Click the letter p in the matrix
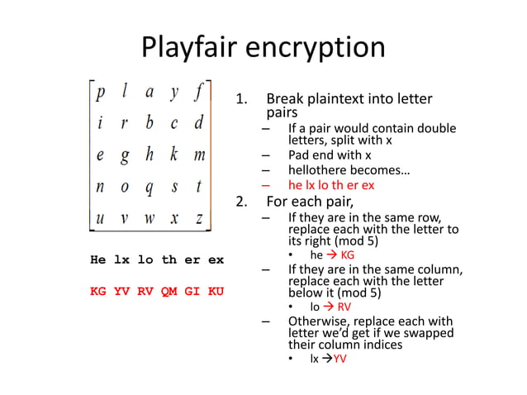click(x=101, y=93)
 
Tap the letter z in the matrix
click(x=199, y=218)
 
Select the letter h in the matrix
click(x=150, y=155)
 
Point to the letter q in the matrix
click(x=150, y=188)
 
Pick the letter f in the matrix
click(x=198, y=92)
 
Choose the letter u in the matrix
click(x=101, y=218)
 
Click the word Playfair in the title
click(x=190, y=47)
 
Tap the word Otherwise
click(x=318, y=321)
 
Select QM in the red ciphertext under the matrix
click(x=169, y=291)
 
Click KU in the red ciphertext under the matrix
click(x=216, y=291)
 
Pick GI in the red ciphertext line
click(x=192, y=291)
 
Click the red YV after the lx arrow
click(x=339, y=359)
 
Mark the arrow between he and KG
click(x=332, y=255)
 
